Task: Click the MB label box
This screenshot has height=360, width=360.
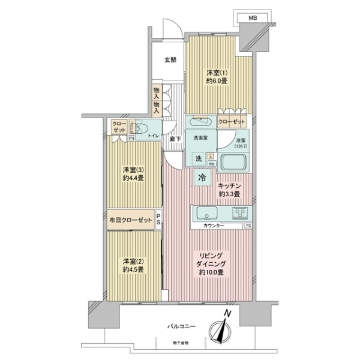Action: coord(253,18)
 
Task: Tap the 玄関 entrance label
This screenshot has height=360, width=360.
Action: coord(170,59)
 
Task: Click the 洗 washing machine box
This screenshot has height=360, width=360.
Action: coord(197,158)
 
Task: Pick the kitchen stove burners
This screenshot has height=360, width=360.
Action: coord(241,213)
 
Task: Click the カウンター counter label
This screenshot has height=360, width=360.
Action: coord(214,225)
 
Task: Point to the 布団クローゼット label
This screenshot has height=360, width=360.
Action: coord(131,220)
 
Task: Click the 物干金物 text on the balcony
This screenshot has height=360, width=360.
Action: coord(178,343)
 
